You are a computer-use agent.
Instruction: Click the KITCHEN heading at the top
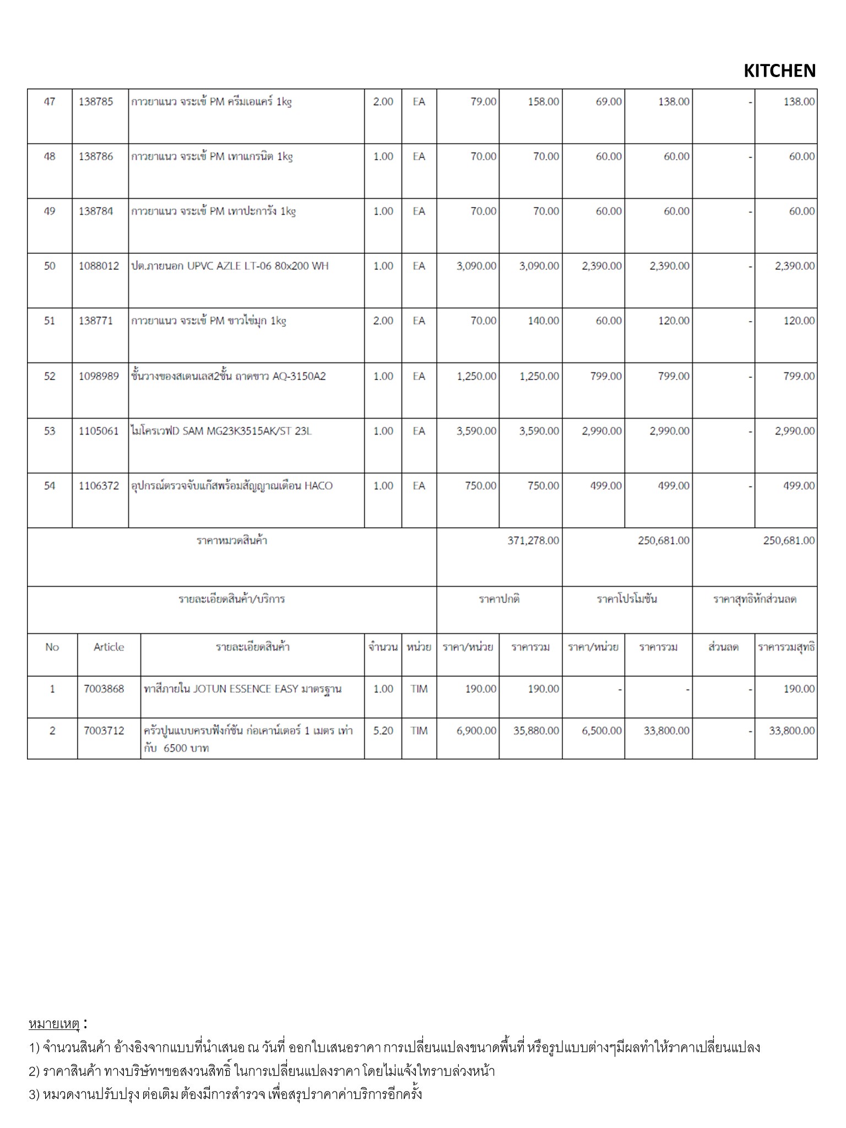point(779,71)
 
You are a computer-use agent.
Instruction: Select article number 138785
point(96,102)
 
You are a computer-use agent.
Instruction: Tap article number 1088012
point(99,266)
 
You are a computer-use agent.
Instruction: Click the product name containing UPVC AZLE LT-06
point(230,266)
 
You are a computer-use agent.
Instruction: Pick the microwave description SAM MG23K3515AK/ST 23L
point(221,431)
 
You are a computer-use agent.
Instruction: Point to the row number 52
point(50,376)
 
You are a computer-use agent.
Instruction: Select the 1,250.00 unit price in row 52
point(476,376)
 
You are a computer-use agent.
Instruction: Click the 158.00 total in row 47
point(543,102)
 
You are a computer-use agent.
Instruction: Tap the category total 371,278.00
point(533,541)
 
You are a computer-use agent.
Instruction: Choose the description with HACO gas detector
point(232,486)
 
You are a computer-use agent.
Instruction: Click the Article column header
point(109,647)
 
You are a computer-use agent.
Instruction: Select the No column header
point(52,647)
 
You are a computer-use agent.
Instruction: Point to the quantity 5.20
point(383,731)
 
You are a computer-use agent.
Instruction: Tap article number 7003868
point(104,689)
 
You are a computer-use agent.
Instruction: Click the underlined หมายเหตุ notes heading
point(54,1024)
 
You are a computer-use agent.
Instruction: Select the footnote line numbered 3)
point(225,1094)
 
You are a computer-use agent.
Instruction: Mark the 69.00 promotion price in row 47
point(608,102)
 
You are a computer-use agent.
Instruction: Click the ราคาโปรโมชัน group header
point(627,599)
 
